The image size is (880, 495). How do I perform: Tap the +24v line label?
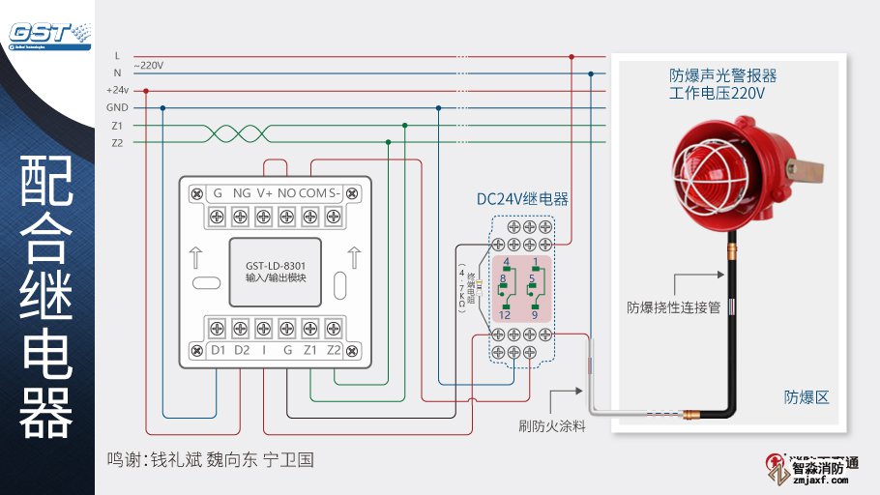117,90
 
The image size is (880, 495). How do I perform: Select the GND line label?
117,107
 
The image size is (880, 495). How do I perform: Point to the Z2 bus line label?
117,143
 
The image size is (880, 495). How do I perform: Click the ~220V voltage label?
150,66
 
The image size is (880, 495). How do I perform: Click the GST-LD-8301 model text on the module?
276,265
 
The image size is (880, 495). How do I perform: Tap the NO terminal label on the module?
286,193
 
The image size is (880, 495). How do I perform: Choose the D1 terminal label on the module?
218,349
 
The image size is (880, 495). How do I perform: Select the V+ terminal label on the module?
263,193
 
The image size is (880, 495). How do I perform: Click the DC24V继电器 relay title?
522,199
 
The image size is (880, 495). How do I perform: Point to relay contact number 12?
505,315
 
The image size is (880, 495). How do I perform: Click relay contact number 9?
534,315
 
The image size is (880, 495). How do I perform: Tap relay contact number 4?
505,262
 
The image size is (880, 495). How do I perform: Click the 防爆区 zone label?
806,397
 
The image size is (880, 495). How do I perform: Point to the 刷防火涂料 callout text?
551,425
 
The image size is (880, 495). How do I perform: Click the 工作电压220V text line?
717,94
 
